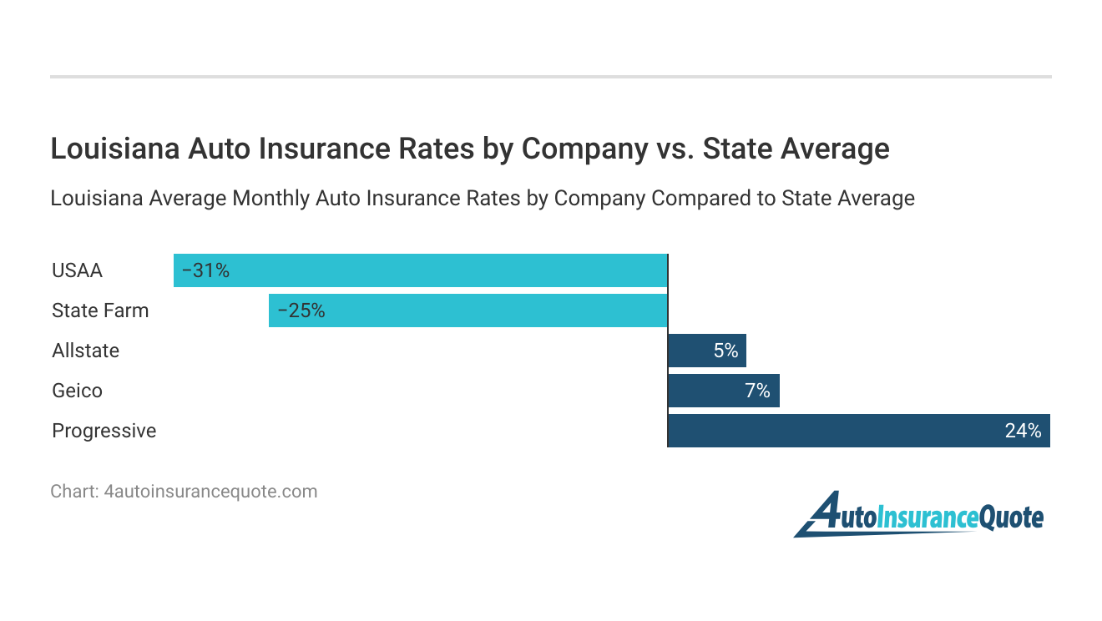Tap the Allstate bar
[706, 351]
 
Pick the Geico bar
[723, 391]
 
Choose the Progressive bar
[858, 431]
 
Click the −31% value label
[205, 270]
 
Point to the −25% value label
[301, 310]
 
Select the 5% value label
[725, 351]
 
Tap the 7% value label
[757, 391]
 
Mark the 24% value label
[1023, 431]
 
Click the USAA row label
[77, 270]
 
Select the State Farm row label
[100, 310]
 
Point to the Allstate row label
[85, 351]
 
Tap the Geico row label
[77, 391]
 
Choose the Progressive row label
[104, 431]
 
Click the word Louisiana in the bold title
[114, 149]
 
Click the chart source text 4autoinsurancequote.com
[210, 492]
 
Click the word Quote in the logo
[1011, 517]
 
